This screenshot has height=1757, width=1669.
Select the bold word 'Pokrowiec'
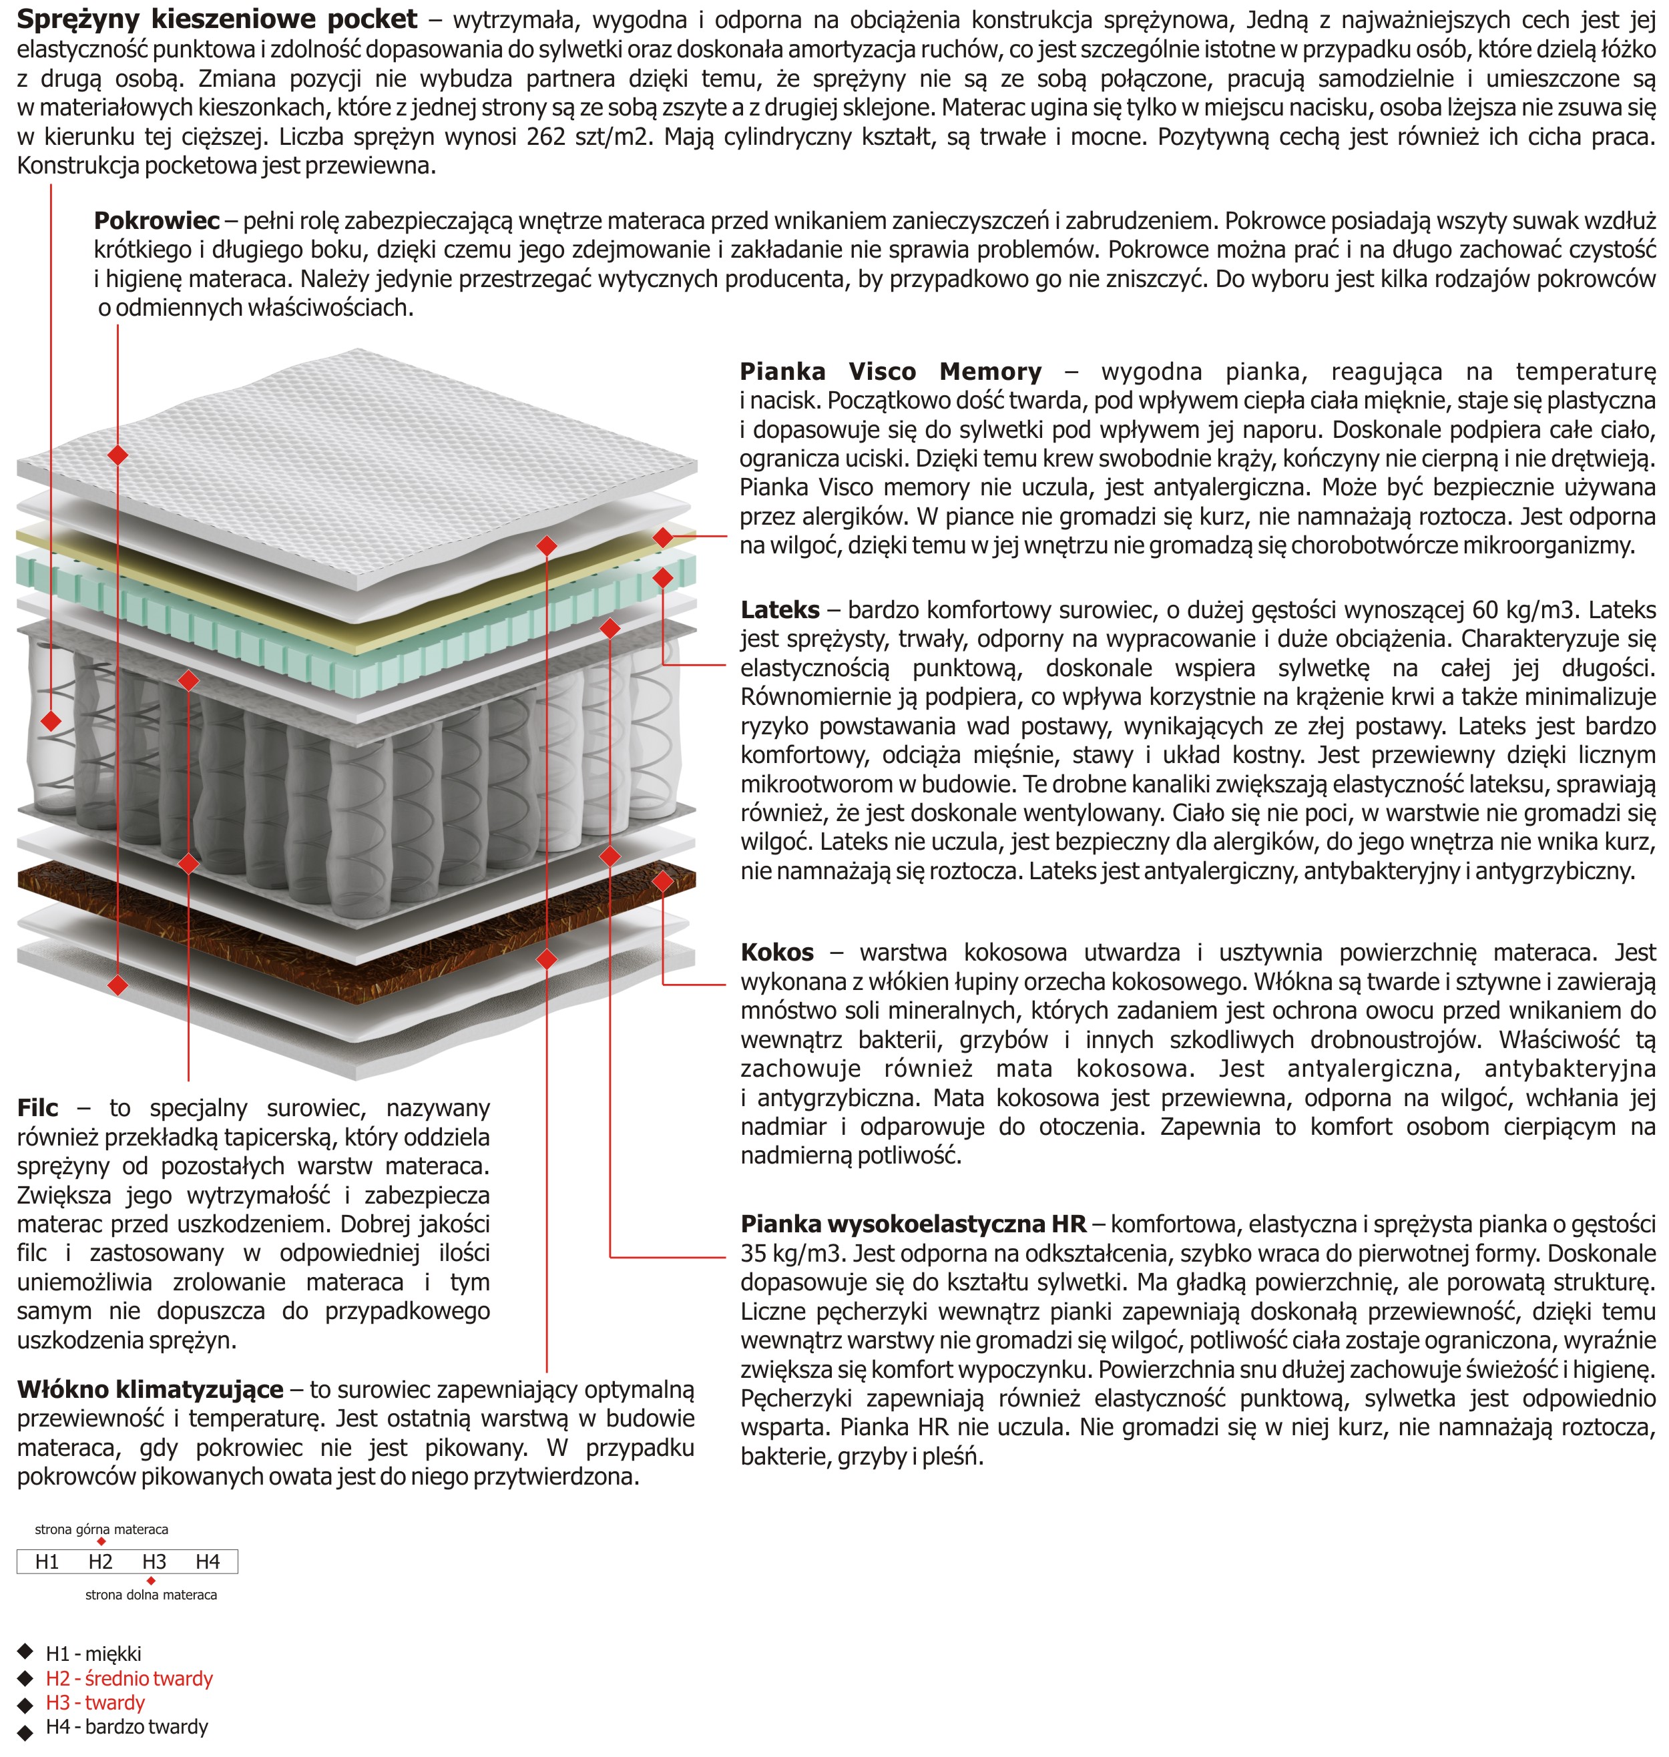point(157,220)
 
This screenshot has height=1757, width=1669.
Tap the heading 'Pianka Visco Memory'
point(891,371)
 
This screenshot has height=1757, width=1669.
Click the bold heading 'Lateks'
point(779,609)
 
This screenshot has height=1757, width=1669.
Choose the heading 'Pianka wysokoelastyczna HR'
point(913,1224)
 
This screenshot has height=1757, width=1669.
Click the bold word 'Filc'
point(37,1107)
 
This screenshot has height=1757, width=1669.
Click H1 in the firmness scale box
point(47,1561)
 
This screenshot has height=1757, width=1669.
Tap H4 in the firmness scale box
point(208,1561)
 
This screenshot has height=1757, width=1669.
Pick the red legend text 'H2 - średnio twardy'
point(129,1679)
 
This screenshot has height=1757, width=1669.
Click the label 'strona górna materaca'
point(101,1529)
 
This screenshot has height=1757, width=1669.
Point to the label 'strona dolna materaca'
point(152,1595)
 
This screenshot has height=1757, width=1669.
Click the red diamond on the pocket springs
point(51,720)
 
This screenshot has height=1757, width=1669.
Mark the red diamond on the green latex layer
point(663,578)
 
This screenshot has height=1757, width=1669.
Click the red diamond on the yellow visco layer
point(663,537)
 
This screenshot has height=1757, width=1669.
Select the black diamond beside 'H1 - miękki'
point(25,1653)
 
